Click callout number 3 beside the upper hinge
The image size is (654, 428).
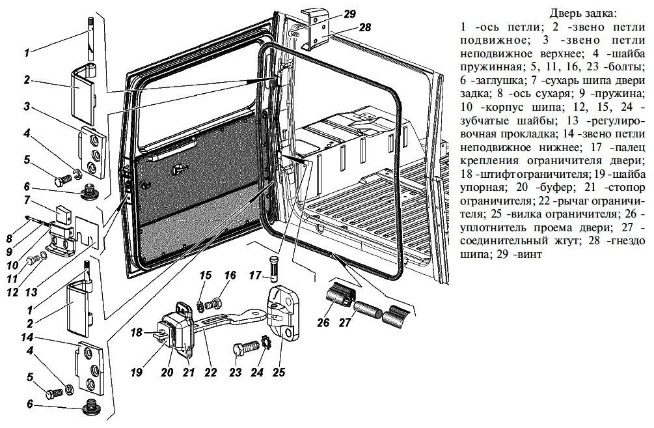coord(27,107)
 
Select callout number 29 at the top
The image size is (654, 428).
coord(349,14)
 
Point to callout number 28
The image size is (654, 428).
coord(364,27)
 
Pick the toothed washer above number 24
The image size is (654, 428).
coord(266,343)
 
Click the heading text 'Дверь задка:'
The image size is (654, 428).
coord(582,14)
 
